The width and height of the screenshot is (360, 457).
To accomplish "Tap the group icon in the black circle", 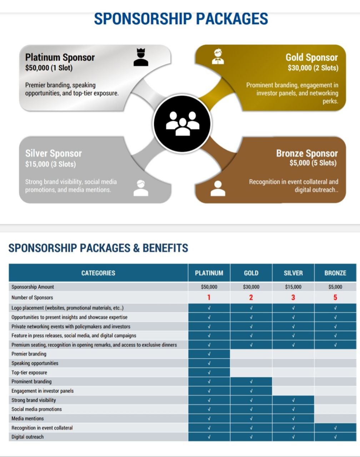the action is coord(182,124).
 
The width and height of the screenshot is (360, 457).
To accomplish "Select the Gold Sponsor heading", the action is coord(311,57).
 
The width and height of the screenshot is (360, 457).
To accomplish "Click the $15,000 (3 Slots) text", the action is coord(50,164).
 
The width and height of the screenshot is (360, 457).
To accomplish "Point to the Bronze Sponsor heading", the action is coord(307,153).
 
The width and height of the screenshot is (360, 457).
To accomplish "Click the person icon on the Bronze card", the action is coord(218,189).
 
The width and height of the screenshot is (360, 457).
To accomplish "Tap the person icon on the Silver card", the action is coord(141,188).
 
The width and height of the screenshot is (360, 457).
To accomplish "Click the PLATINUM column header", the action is coord(209,273).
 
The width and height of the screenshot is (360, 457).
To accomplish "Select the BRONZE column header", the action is coord(335,273).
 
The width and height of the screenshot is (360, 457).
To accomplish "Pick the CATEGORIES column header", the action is coord(98,273).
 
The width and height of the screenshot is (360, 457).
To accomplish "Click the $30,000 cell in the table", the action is coord(251,287).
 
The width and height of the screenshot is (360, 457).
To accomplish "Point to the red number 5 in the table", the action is coord(335,297).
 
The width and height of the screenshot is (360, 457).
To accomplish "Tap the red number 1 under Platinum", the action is coord(209,297).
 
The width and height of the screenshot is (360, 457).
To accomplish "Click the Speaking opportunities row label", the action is coord(35,363).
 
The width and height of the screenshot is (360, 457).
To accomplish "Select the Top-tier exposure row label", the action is coord(29,372).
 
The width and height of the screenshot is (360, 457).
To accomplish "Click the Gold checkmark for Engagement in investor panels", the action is coord(251,391).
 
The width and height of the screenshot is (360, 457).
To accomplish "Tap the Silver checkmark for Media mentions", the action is coord(293,418).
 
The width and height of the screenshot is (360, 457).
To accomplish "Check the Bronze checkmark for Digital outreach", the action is coord(335,437).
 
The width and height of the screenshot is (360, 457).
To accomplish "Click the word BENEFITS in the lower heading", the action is coord(165,248).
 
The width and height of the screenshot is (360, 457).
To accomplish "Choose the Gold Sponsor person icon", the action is coord(218,56).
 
